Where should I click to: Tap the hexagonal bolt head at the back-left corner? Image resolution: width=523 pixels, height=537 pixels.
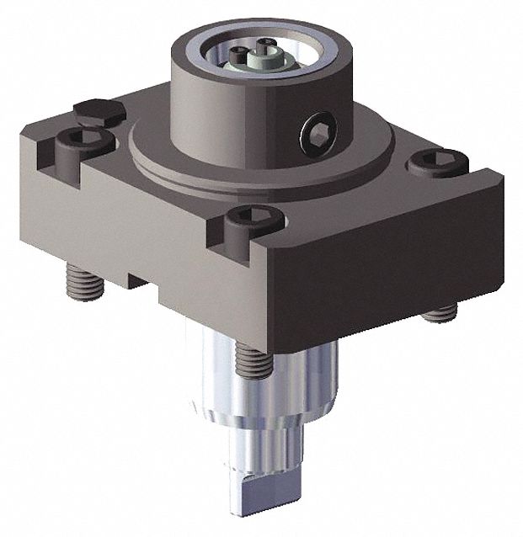[x=99, y=110]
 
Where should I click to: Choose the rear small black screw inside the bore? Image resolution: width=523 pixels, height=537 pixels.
[x=268, y=43]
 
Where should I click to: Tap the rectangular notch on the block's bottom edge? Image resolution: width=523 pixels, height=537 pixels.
[x=143, y=277]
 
